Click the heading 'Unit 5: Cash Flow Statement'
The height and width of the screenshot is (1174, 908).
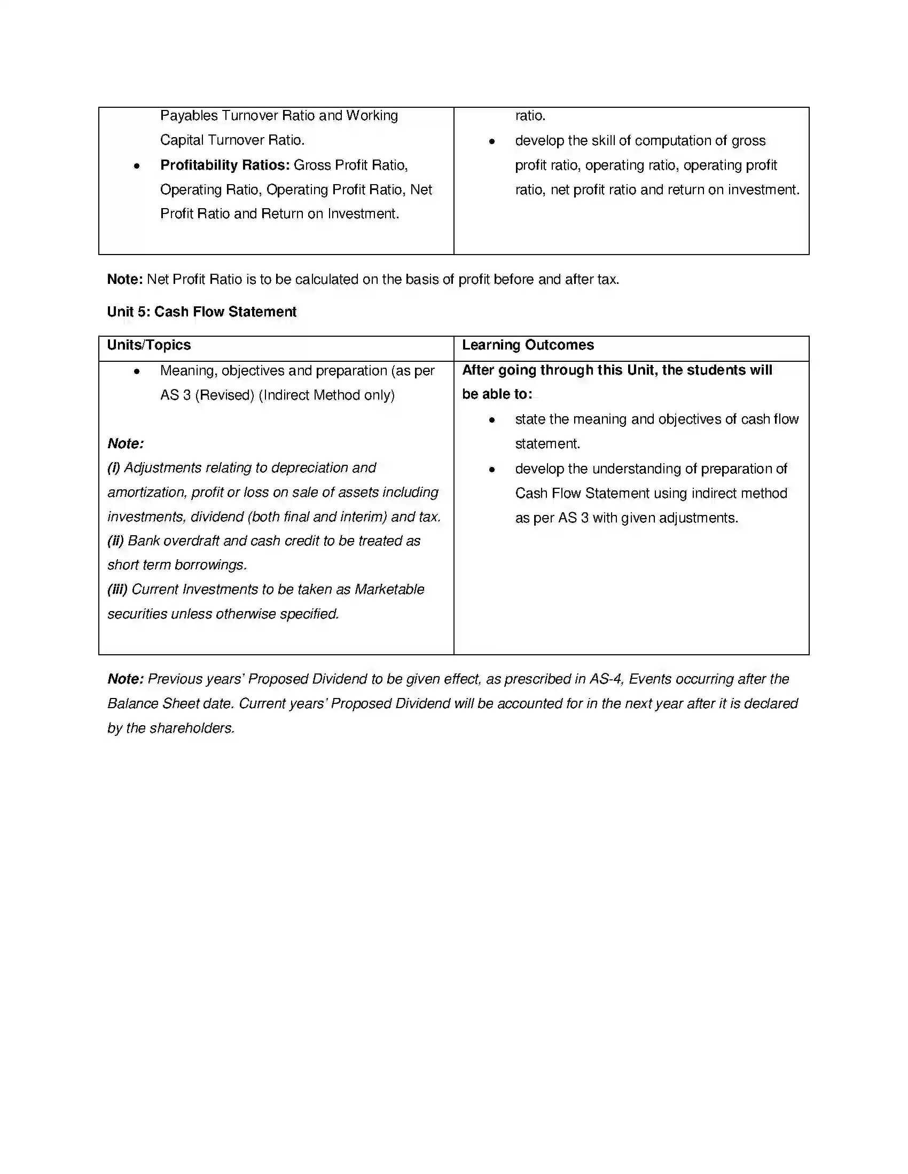pyautogui.click(x=202, y=312)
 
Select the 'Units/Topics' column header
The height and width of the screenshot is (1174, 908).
pyautogui.click(x=148, y=345)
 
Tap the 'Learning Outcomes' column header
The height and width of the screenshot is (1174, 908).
pyautogui.click(x=528, y=345)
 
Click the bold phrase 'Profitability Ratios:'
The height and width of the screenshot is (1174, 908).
pyautogui.click(x=225, y=165)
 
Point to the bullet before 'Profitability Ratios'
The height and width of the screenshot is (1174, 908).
pyautogui.click(x=137, y=166)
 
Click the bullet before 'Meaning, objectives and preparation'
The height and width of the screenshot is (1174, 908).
pyautogui.click(x=137, y=371)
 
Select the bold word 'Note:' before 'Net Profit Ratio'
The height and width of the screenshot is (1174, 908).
pyautogui.click(x=125, y=280)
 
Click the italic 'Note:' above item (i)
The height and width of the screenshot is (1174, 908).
pyautogui.click(x=126, y=443)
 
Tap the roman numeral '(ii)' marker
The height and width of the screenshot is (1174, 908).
pyautogui.click(x=116, y=541)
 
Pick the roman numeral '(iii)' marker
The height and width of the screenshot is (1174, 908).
pyautogui.click(x=118, y=590)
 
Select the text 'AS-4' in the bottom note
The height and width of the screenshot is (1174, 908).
pyautogui.click(x=605, y=679)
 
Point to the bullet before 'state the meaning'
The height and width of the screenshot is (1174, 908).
pyautogui.click(x=491, y=421)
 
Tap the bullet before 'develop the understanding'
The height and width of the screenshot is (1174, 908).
pyautogui.click(x=491, y=470)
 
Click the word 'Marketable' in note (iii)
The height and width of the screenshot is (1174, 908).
pyautogui.click(x=389, y=590)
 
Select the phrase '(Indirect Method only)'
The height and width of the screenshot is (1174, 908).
pyautogui.click(x=326, y=395)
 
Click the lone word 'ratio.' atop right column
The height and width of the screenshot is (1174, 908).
pyautogui.click(x=530, y=116)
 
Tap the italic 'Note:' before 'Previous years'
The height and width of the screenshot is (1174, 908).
pyautogui.click(x=126, y=679)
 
